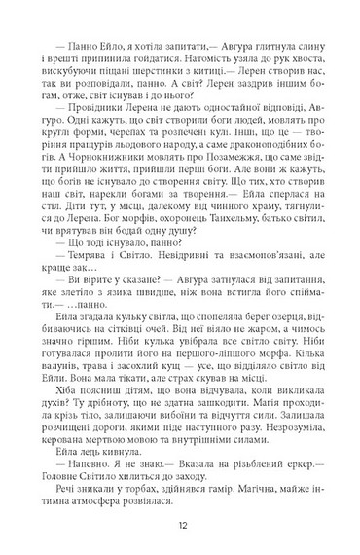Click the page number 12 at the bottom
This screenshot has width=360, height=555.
point(180,522)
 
